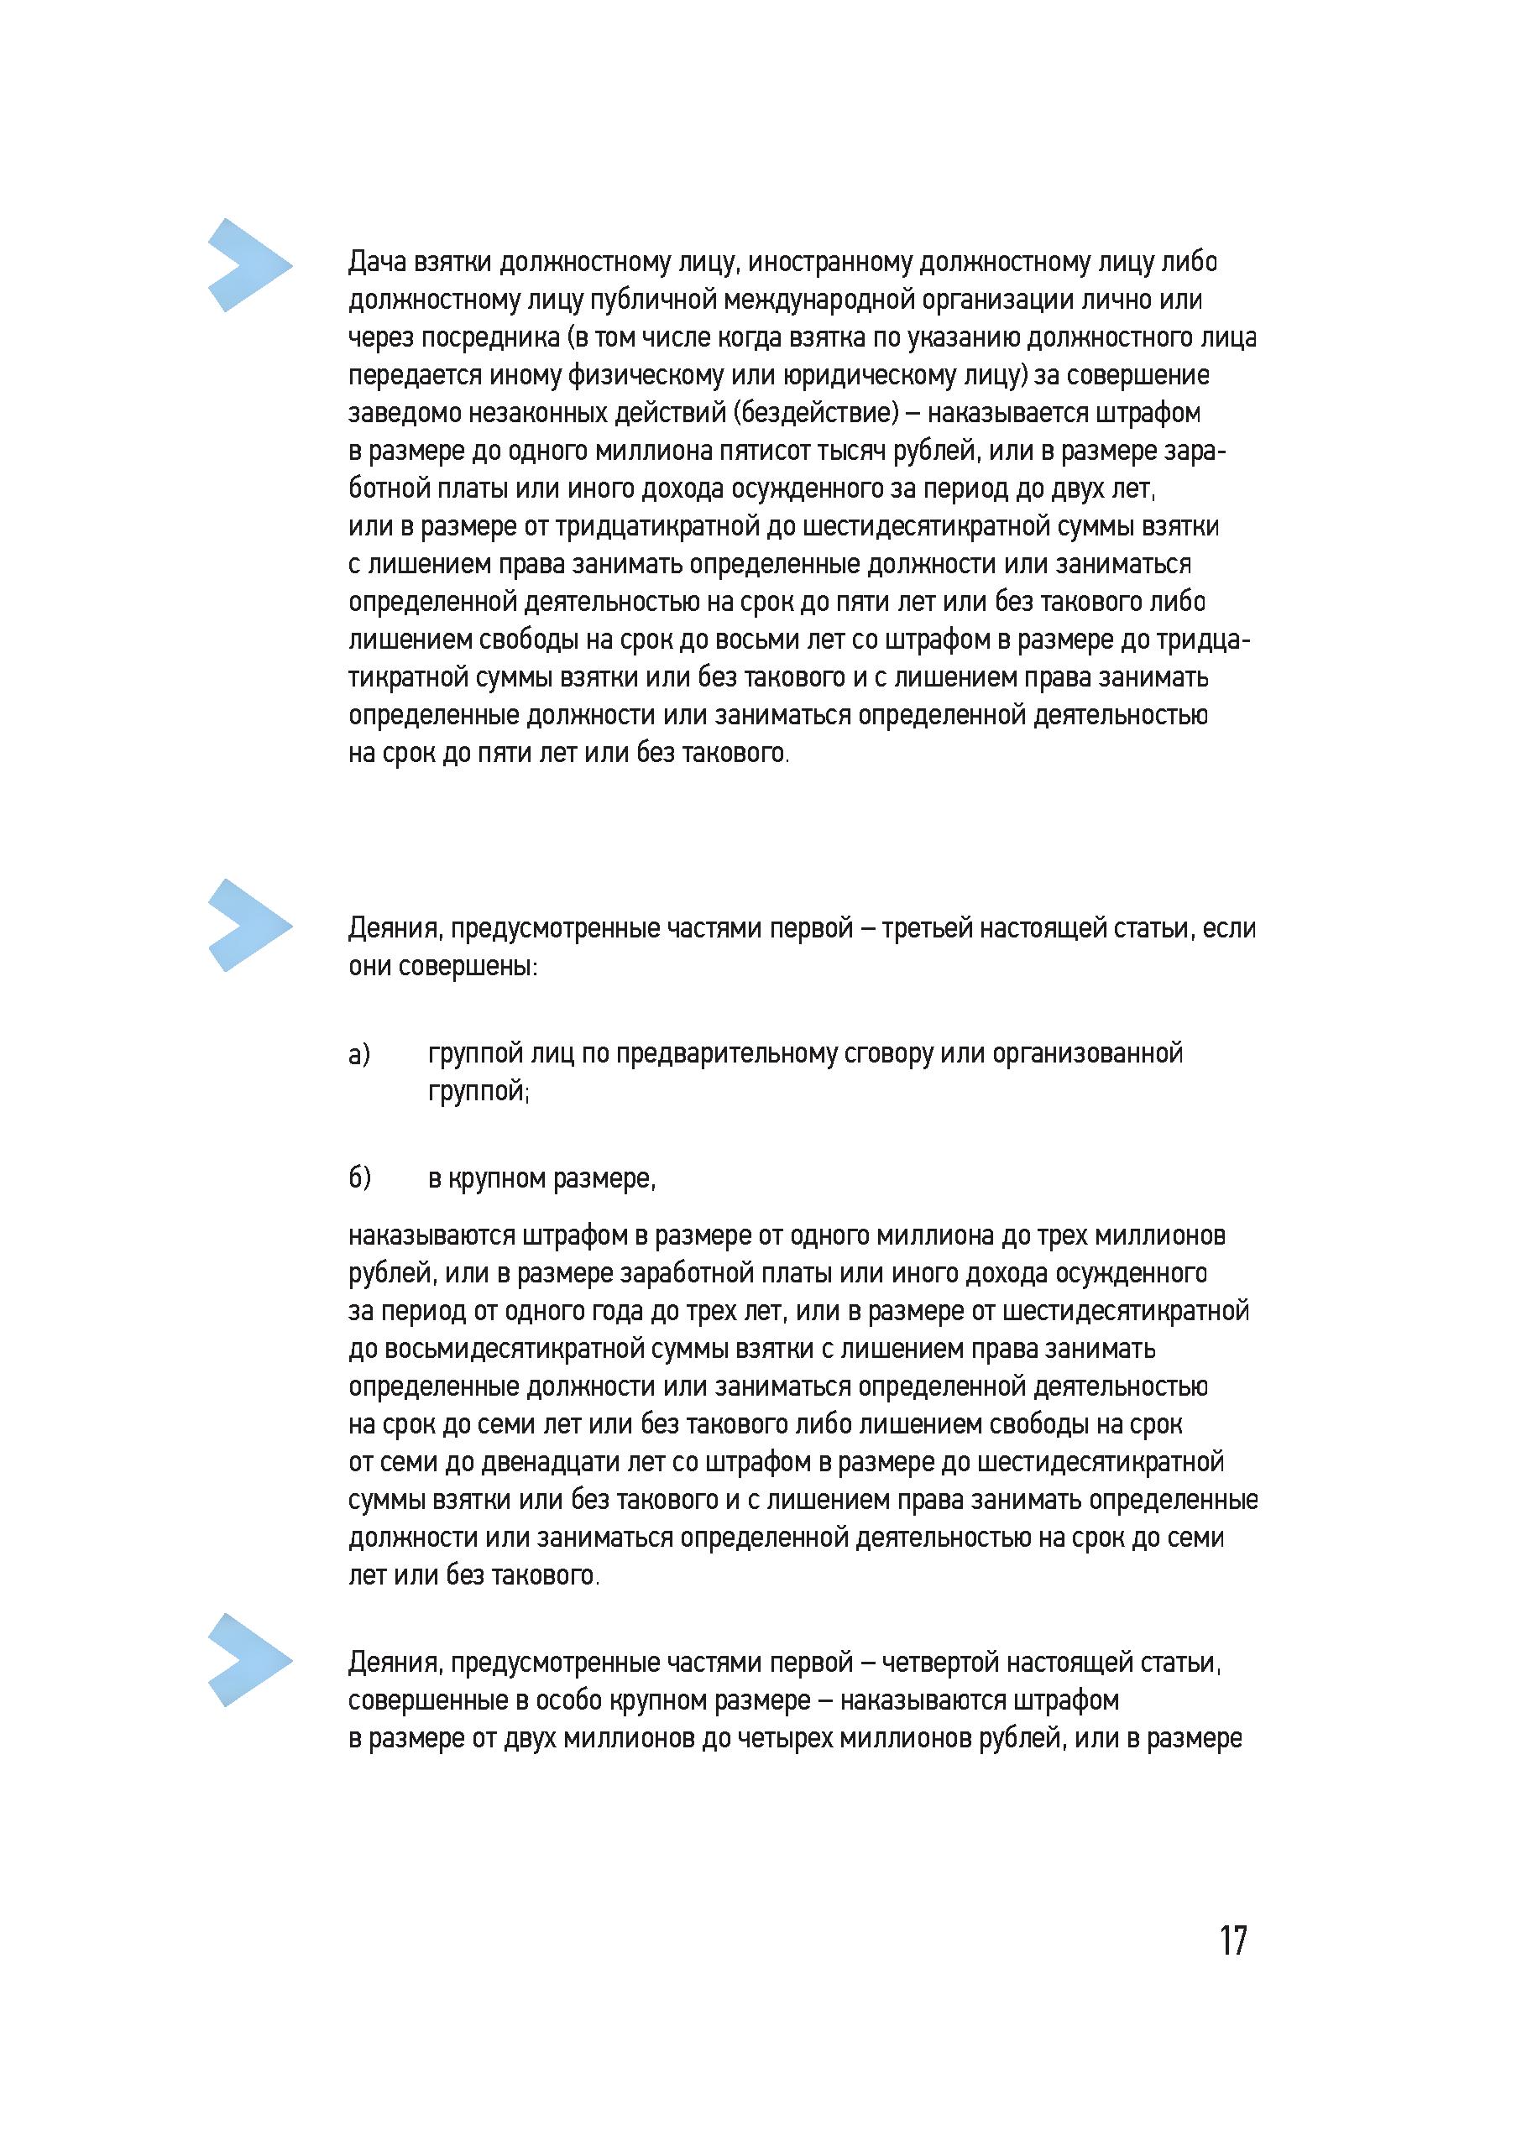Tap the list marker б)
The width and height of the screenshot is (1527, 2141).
[359, 1178]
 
